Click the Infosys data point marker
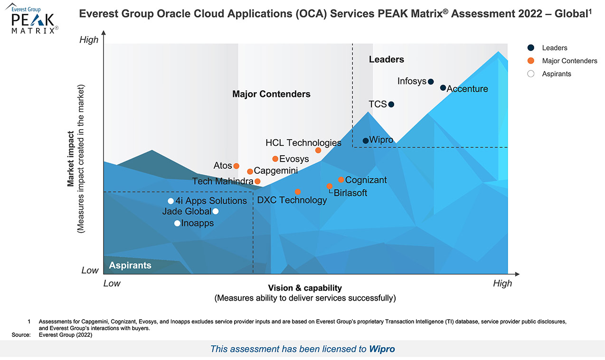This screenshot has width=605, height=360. pyautogui.click(x=431, y=82)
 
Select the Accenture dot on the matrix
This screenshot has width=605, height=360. pyautogui.click(x=443, y=88)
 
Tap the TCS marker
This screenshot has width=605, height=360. pyautogui.click(x=391, y=104)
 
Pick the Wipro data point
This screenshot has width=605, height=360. pyautogui.click(x=366, y=141)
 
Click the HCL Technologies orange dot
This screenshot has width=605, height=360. pyautogui.click(x=318, y=151)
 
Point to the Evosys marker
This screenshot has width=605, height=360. pyautogui.click(x=275, y=159)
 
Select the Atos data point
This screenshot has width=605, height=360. pyautogui.click(x=236, y=166)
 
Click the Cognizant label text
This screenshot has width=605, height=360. pyautogui.click(x=366, y=180)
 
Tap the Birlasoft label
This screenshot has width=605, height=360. pyautogui.click(x=350, y=193)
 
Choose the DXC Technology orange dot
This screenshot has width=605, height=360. pyautogui.click(x=298, y=192)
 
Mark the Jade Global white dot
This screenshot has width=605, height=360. pyautogui.click(x=216, y=211)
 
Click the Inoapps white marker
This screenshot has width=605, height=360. pyautogui.click(x=177, y=223)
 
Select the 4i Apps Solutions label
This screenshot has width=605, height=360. pyautogui.click(x=211, y=201)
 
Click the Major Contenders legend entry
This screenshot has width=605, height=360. pyautogui.click(x=569, y=61)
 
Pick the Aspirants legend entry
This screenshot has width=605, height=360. pyautogui.click(x=556, y=74)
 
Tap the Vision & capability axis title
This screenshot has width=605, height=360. pyautogui.click(x=305, y=288)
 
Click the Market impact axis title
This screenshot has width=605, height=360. pyautogui.click(x=71, y=159)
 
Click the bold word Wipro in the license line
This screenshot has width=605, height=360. pyautogui.click(x=382, y=349)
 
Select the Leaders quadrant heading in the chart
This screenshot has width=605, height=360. pyautogui.click(x=387, y=59)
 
